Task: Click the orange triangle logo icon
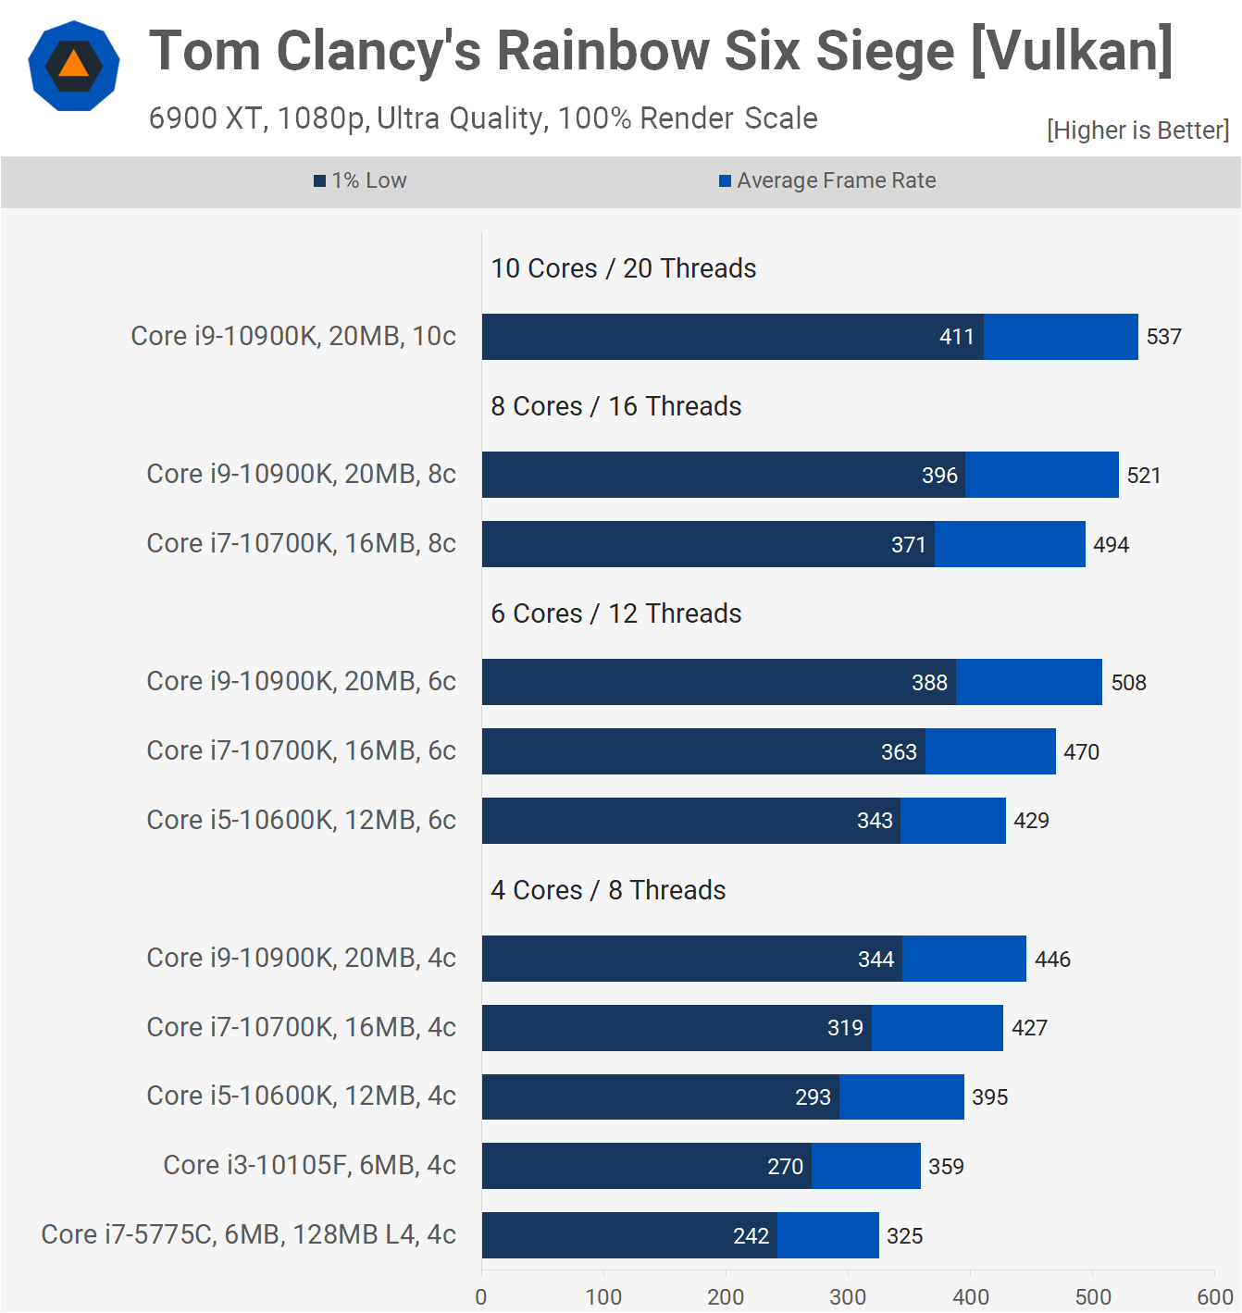pos(73,66)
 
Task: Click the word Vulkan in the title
pos(1072,51)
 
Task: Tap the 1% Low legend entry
pos(360,181)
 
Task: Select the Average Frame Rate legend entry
pos(827,181)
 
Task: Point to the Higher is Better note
pos(1137,130)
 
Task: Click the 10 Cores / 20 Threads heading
pos(623,268)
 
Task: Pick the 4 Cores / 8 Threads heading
pos(608,890)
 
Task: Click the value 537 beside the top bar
pos(1163,337)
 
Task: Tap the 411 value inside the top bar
pos(956,337)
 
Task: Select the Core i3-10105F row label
pos(309,1165)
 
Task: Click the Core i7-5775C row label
pos(248,1234)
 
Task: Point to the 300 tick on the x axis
pos(848,1297)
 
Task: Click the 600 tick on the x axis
pos(1214,1297)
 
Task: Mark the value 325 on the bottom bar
pos(904,1236)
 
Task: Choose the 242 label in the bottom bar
pos(751,1236)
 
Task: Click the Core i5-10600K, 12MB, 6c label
pos(301,820)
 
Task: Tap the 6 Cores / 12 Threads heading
pos(615,613)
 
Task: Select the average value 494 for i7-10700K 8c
pos(1111,545)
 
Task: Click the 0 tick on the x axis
pos(481,1297)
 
